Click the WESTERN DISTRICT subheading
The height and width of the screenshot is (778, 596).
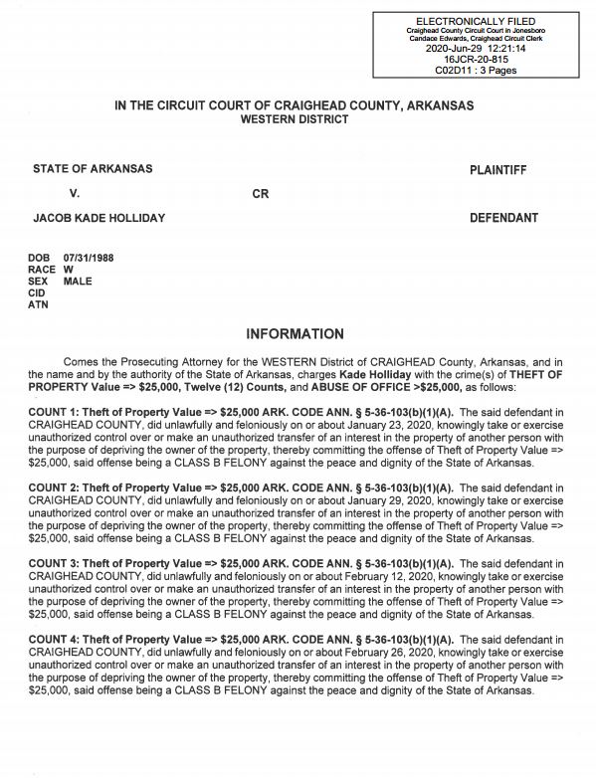click(295, 119)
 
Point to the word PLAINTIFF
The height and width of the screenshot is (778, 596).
click(497, 170)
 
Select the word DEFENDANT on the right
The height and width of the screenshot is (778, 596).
click(503, 218)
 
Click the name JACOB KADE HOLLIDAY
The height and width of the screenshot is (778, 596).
click(99, 218)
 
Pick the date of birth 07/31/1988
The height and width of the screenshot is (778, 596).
click(89, 258)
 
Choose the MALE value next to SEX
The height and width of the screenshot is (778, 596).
click(78, 282)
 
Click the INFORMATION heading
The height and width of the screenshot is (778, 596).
click(295, 334)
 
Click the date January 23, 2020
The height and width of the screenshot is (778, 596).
click(341, 424)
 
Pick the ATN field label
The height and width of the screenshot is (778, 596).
click(38, 305)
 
